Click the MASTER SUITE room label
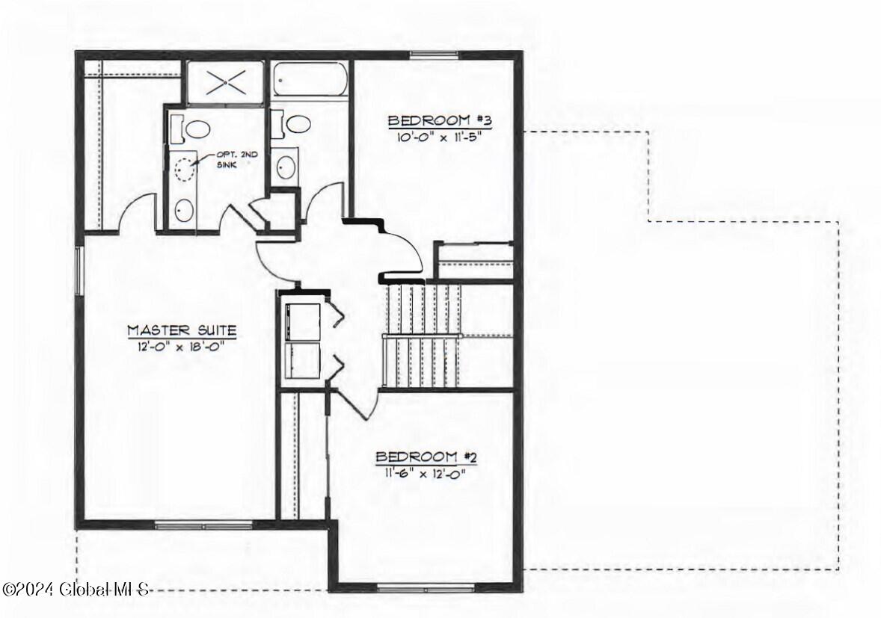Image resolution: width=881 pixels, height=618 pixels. point(182,330)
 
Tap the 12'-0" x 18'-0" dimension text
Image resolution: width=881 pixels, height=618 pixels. point(182,346)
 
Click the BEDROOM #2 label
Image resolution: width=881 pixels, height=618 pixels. point(426,457)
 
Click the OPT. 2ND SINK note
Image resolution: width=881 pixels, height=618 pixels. point(237,160)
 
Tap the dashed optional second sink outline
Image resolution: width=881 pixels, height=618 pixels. point(185,168)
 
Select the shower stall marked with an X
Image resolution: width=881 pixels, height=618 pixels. point(225,82)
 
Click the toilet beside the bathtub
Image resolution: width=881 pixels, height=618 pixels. point(291,124)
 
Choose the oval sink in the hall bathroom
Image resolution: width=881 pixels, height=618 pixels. point(286,166)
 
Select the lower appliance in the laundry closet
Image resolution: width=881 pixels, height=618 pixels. point(303,359)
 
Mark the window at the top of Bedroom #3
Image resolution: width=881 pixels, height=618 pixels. point(433,55)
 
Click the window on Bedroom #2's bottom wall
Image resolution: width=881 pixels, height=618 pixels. point(426,588)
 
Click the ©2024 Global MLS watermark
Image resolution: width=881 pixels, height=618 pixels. point(76,590)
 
